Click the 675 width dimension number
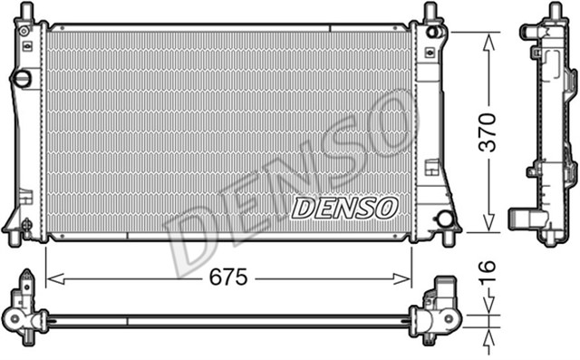[227, 278]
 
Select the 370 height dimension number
[488, 131]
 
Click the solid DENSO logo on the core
[344, 208]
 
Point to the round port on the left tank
[21, 80]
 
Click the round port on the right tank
[443, 219]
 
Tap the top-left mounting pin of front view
[27, 12]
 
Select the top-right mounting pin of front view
[431, 12]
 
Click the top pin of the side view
[553, 11]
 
